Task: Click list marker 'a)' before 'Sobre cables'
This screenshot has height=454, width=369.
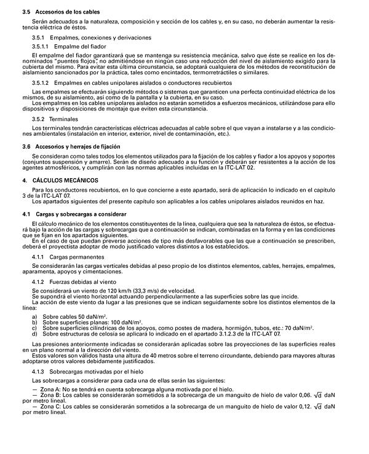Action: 34,316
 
